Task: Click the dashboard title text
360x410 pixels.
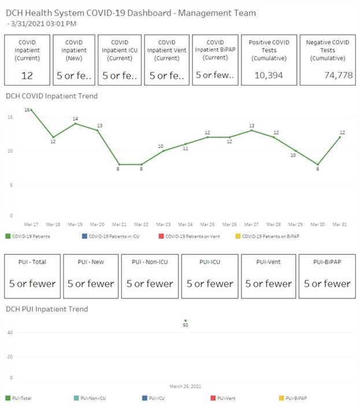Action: pyautogui.click(x=131, y=12)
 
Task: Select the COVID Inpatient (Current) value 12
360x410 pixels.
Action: pyautogui.click(x=27, y=75)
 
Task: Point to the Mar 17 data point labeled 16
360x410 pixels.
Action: pyautogui.click(x=31, y=109)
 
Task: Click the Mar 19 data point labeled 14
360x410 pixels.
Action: pyautogui.click(x=75, y=123)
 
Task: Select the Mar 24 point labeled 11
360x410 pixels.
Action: pyautogui.click(x=185, y=144)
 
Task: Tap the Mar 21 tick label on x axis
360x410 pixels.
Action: pyautogui.click(x=119, y=224)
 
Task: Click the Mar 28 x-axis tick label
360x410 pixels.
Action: pyautogui.click(x=273, y=224)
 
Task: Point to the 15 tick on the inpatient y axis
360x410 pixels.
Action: pyautogui.click(x=9, y=117)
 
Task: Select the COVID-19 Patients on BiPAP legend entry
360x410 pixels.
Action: pyautogui.click(x=269, y=236)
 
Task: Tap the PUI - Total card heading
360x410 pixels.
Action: pyautogui.click(x=32, y=262)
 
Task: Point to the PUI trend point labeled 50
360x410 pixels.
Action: pyautogui.click(x=185, y=320)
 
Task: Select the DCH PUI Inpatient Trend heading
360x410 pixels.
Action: pyautogui.click(x=47, y=309)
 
